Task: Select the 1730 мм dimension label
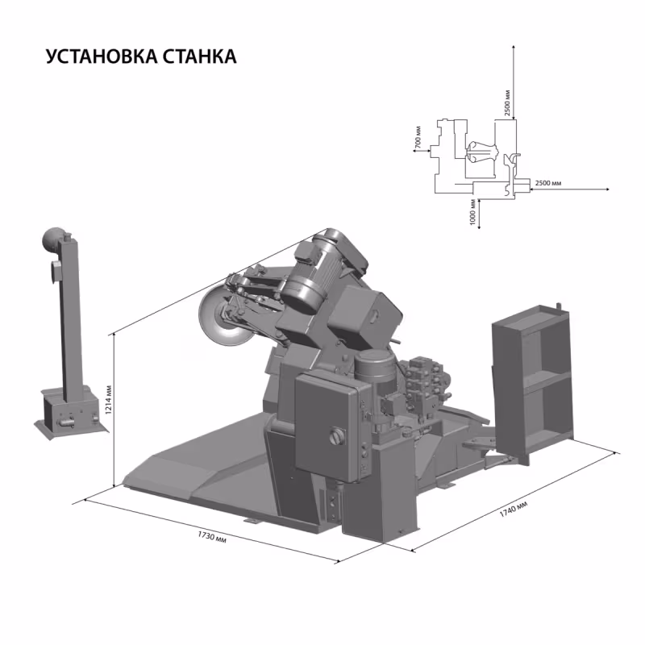(x=212, y=536)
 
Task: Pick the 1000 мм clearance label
(x=472, y=212)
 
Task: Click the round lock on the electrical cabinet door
(x=332, y=438)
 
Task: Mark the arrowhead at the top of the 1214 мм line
(x=115, y=334)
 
